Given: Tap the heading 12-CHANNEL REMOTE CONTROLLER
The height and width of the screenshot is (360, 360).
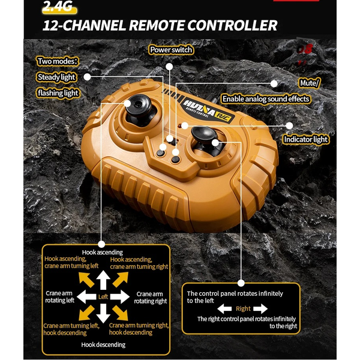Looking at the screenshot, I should [160, 26].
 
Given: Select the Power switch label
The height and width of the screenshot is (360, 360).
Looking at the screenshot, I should [171, 50].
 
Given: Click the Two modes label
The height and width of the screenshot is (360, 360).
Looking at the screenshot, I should [58, 61].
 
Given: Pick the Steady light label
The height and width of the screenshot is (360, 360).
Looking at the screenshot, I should [56, 77].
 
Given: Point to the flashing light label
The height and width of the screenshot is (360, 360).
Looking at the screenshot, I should [58, 93].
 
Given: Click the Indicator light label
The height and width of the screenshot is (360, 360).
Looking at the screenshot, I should [306, 139].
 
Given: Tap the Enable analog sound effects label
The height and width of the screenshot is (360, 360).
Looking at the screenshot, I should [266, 98].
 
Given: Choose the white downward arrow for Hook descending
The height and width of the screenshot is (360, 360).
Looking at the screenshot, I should [103, 313].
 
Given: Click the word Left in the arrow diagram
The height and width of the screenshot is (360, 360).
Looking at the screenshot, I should [103, 296].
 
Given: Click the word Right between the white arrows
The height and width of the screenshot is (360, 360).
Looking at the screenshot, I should [242, 308].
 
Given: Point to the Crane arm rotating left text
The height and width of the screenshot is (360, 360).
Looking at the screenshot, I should [60, 297].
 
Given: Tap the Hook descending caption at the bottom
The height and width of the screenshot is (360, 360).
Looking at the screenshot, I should [103, 344].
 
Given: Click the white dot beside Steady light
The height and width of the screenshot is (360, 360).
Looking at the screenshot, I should [88, 77].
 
